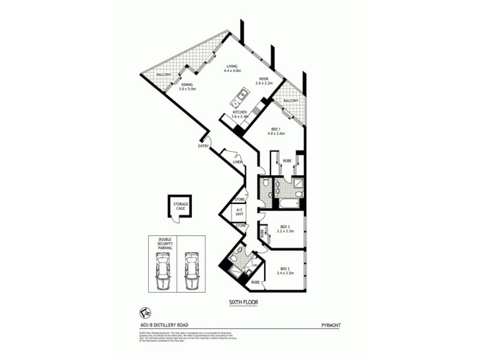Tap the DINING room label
pyautogui.click(x=187, y=85)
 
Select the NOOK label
pyautogui.click(x=263, y=79)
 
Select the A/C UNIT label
pyautogui.click(x=239, y=212)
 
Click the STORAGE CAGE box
pyautogui.click(x=181, y=206)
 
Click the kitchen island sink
pyautogui.click(x=243, y=94)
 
